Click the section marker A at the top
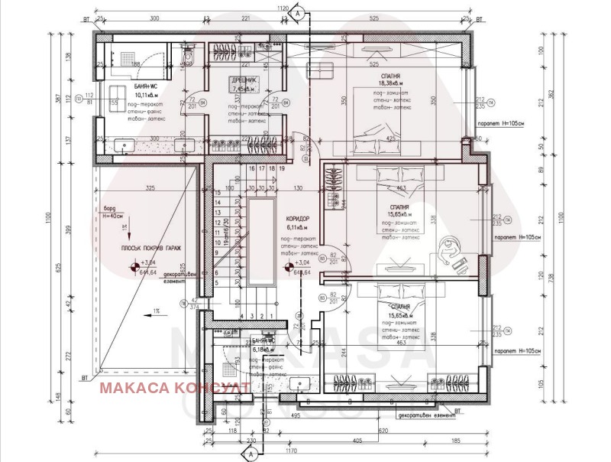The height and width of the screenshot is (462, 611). pyautogui.click(x=299, y=12)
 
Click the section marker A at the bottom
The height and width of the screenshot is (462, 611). pyautogui.click(x=249, y=453)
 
